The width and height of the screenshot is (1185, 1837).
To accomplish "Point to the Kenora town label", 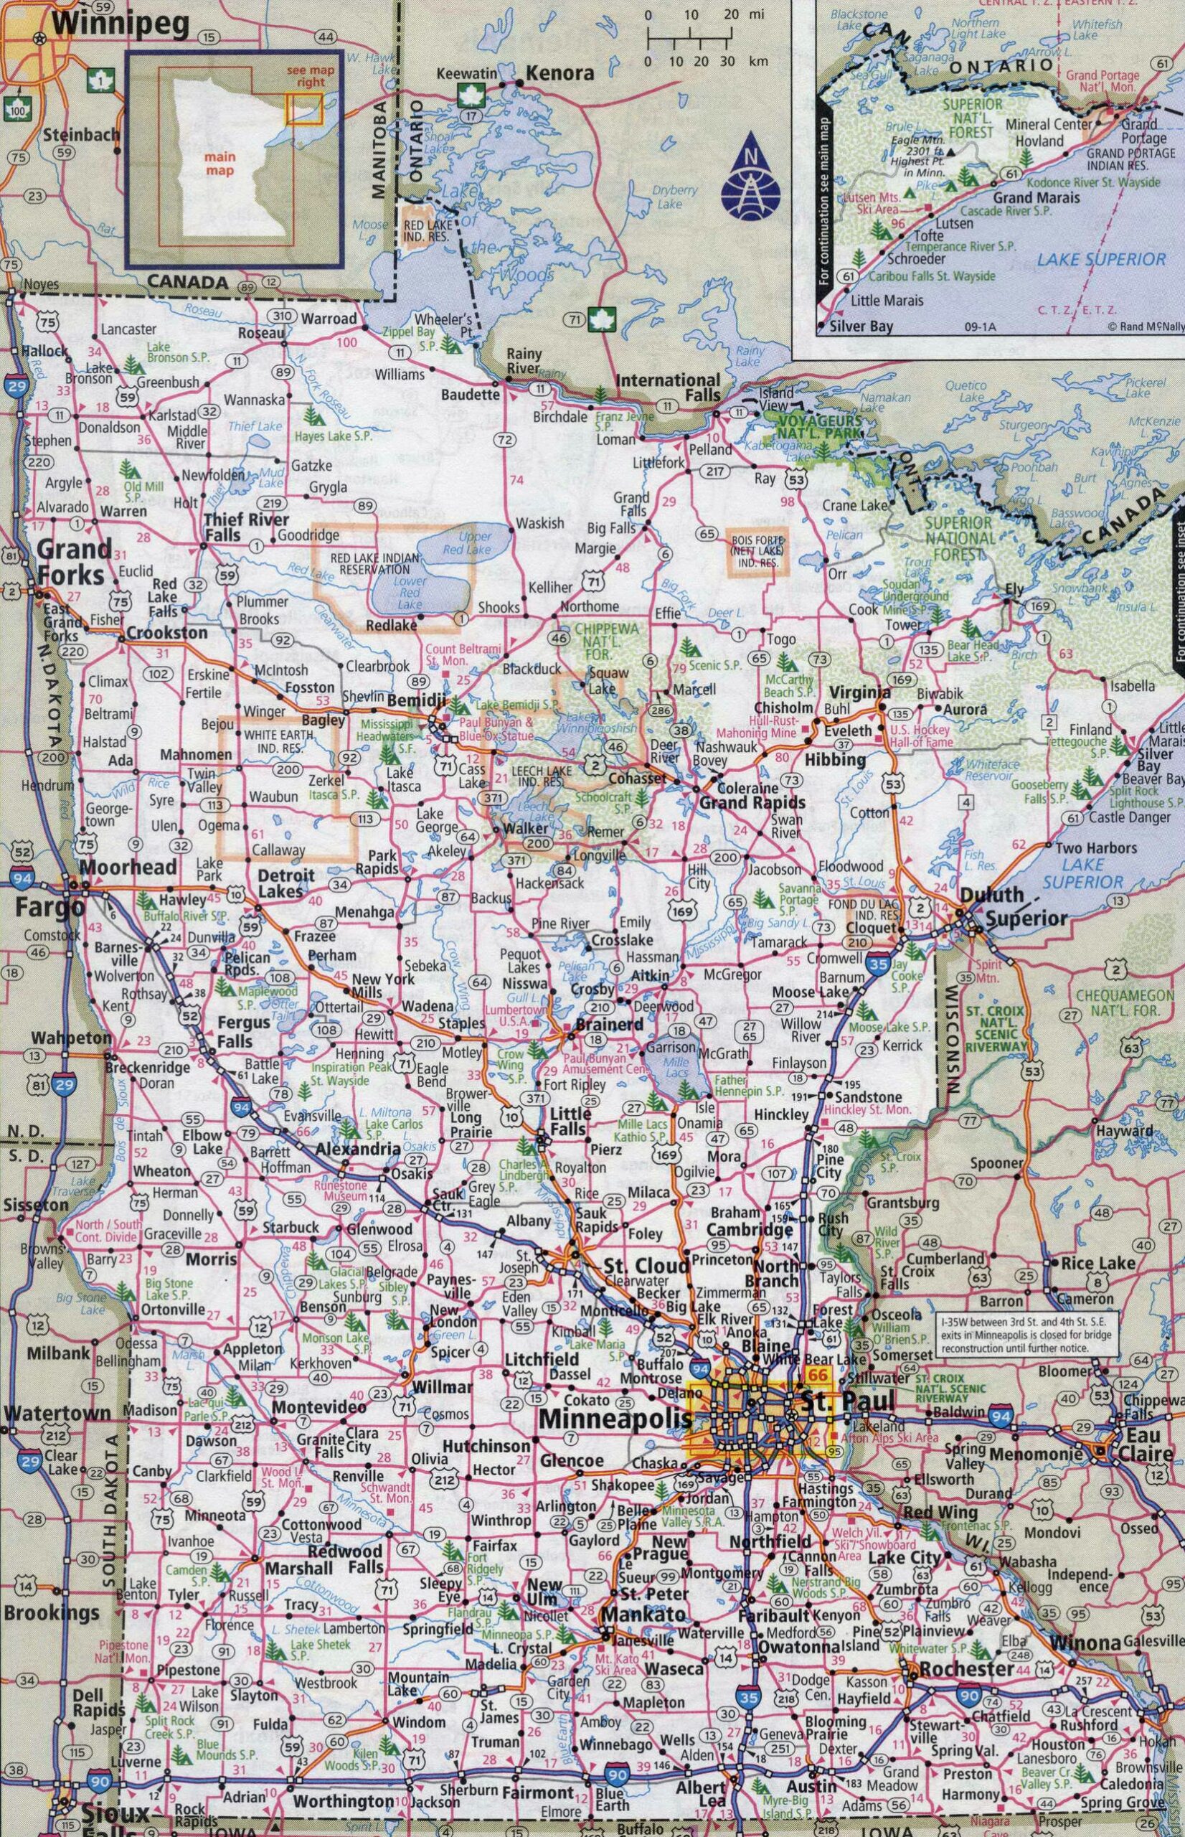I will [560, 73].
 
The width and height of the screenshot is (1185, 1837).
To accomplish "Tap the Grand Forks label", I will [75, 562].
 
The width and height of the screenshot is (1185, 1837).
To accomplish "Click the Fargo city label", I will [49, 908].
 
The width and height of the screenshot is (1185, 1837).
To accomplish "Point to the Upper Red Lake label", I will [474, 543].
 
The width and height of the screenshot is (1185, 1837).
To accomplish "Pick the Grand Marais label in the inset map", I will [1036, 198].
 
